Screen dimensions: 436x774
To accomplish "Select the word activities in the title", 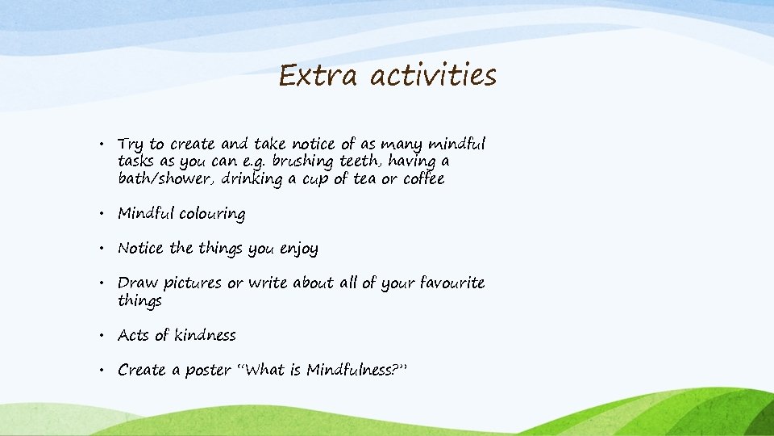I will tap(434, 76).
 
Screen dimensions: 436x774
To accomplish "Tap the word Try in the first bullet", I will tap(131, 145).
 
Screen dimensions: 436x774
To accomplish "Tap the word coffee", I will tap(423, 178).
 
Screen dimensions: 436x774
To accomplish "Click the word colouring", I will tap(212, 214).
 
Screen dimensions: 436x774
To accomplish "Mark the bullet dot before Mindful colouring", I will tap(105, 215).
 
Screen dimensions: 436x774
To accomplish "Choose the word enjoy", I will tap(298, 249).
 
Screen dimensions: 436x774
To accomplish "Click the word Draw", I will tap(138, 283).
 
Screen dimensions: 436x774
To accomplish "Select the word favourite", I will tap(444, 283).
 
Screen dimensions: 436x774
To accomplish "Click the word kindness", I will tap(206, 335).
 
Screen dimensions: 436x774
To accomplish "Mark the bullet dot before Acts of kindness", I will tap(105, 336).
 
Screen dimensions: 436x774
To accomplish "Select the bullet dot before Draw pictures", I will tap(105, 284).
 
